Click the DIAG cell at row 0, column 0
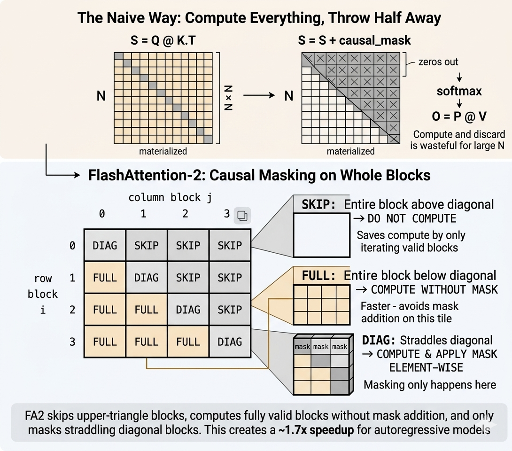(x=105, y=245)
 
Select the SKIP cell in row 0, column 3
(x=230, y=245)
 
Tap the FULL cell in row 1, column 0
(x=105, y=277)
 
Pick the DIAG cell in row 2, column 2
(x=188, y=309)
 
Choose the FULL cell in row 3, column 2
(x=188, y=342)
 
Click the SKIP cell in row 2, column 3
(x=230, y=309)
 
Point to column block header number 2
(x=185, y=214)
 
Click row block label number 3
(x=72, y=342)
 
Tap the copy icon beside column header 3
(x=242, y=216)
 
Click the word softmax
(x=459, y=91)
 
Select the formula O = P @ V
(x=459, y=116)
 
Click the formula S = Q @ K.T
(x=163, y=40)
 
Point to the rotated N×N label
(x=228, y=98)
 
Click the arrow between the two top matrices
(x=259, y=95)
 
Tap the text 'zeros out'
(x=438, y=62)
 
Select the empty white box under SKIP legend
(x=322, y=235)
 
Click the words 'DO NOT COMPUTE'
(x=412, y=218)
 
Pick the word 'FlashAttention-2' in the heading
(x=147, y=175)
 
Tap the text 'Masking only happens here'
(x=430, y=385)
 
